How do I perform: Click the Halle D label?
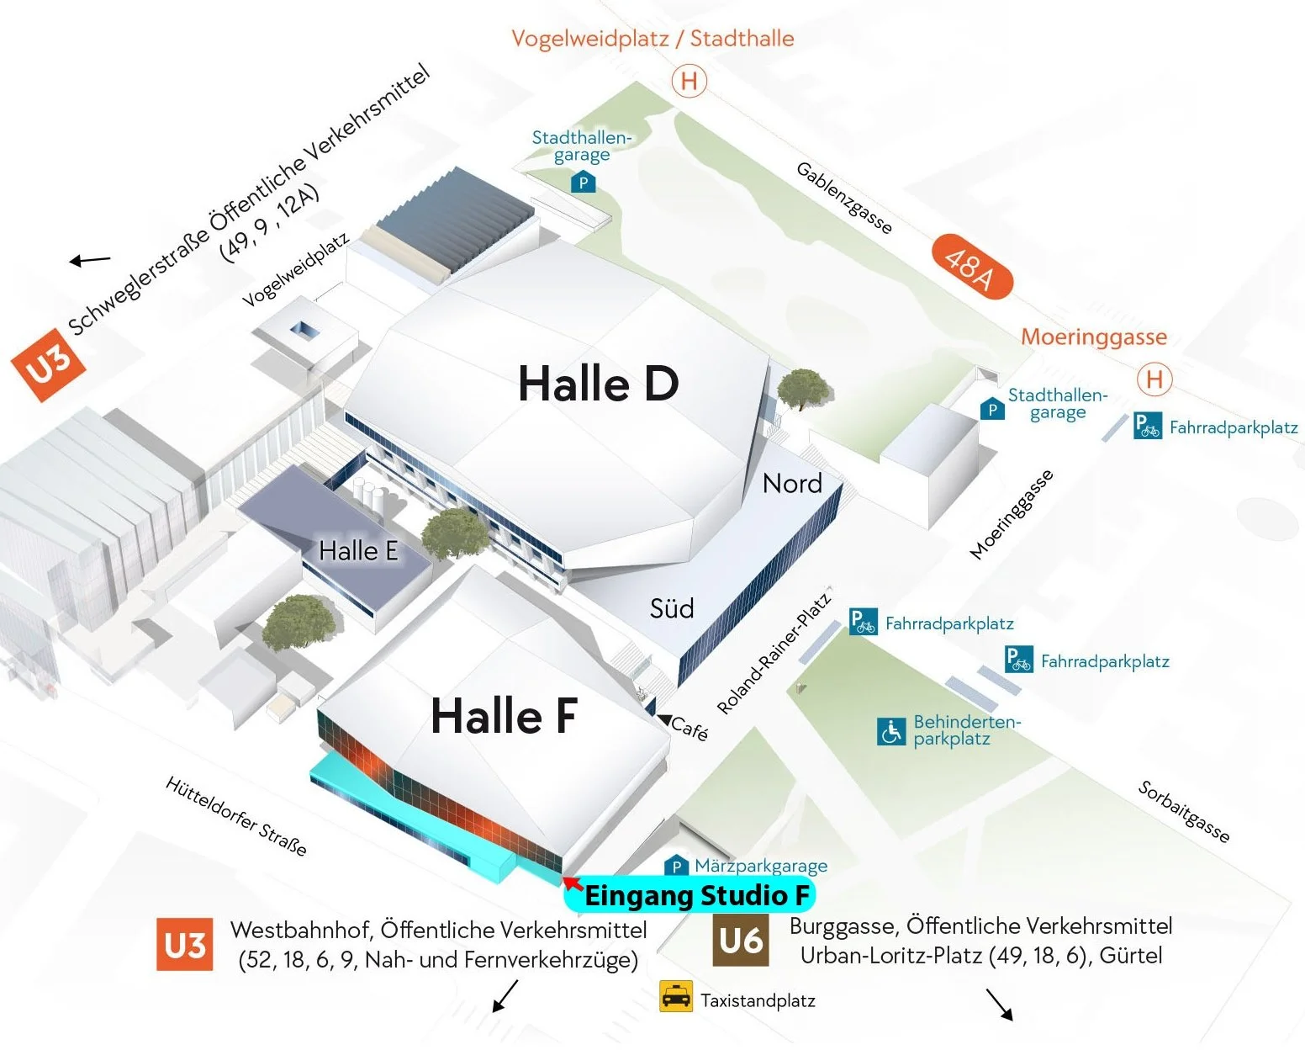coord(598,384)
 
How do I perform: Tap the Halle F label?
coord(504,716)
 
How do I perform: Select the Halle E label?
coord(358,551)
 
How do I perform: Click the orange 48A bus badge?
coord(972,267)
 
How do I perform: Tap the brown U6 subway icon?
coord(741,941)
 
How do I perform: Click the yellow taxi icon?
coord(676,997)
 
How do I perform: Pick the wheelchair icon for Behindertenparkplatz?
coord(891,731)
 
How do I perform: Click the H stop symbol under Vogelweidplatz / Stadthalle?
coord(689,82)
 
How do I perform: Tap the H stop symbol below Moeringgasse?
coord(1154,379)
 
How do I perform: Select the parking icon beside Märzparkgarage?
coord(676,866)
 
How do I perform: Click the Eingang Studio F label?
coord(696,896)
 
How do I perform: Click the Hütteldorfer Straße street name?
coord(236,815)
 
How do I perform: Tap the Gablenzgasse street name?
coord(843,199)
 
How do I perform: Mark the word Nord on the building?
coord(792,484)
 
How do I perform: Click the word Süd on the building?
coord(672,608)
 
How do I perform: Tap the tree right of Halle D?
coord(804,389)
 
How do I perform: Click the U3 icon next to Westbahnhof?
coord(184,945)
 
